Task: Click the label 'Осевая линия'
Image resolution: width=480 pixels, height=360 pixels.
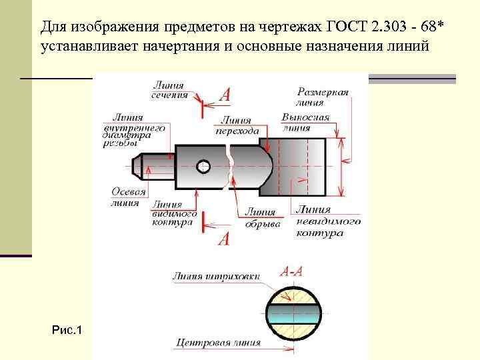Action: click(128, 197)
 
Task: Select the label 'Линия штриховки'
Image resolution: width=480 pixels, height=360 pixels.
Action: click(216, 276)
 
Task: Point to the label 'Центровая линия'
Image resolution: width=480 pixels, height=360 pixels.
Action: click(218, 343)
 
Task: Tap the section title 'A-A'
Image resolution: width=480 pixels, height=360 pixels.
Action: click(291, 271)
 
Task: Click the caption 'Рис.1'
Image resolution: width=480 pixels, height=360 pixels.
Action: click(67, 330)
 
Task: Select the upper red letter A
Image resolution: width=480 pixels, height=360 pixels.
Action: click(225, 95)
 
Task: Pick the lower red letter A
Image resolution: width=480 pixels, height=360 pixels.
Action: click(224, 239)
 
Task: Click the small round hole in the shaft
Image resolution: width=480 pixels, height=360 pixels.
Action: click(204, 165)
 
